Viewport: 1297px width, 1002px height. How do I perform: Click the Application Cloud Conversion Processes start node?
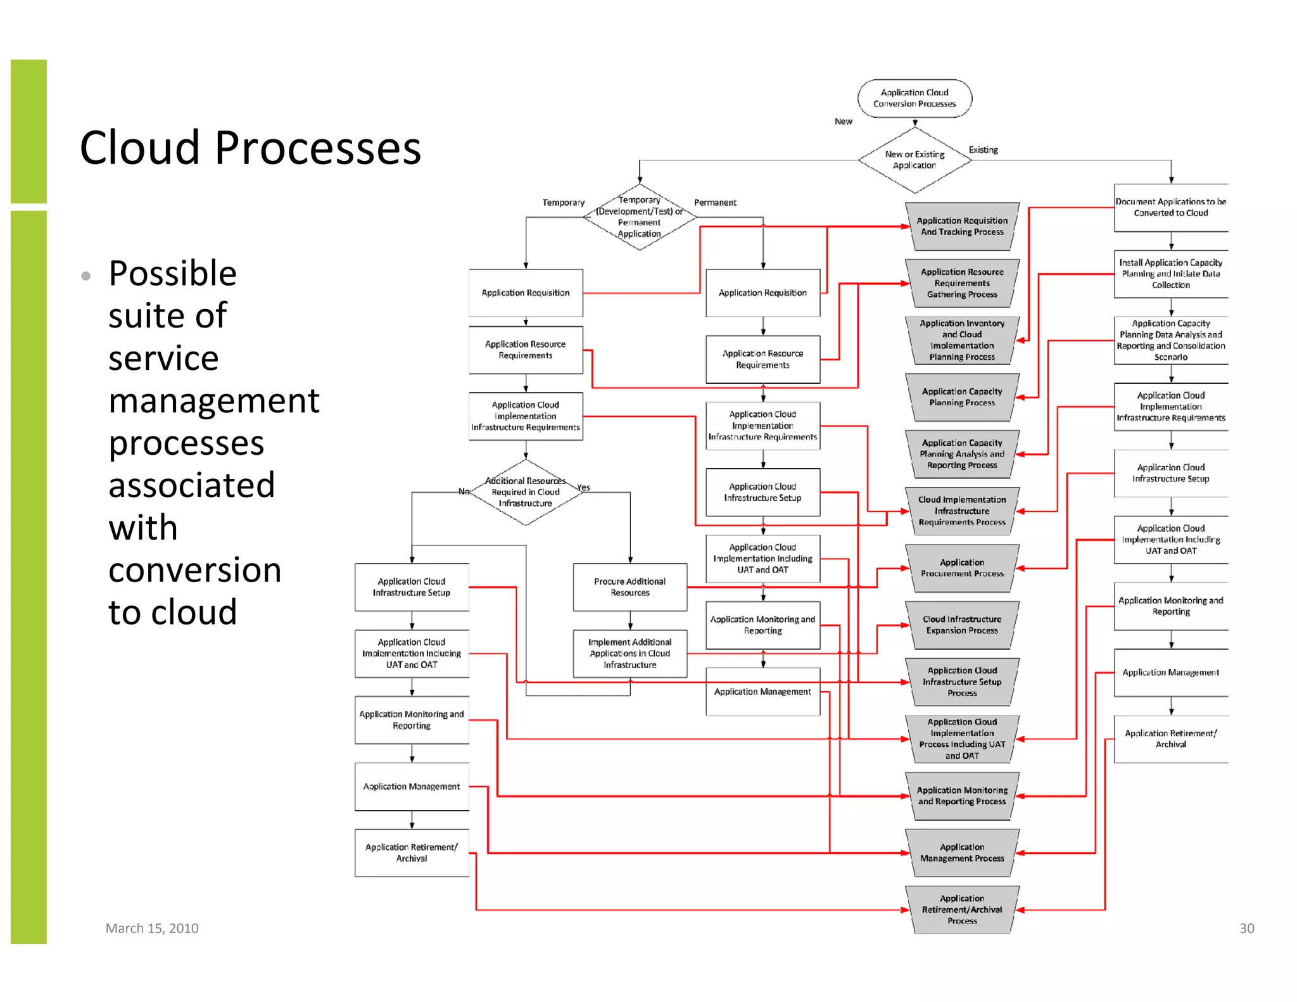pos(914,98)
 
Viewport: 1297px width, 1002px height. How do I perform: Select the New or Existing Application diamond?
pos(914,160)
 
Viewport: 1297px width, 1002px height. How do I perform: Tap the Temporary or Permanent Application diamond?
pos(639,217)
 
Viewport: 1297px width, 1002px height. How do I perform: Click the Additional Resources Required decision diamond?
pos(525,492)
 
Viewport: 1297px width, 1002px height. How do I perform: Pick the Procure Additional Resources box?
pos(630,587)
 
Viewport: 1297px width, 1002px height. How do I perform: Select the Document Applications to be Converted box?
pos(1170,208)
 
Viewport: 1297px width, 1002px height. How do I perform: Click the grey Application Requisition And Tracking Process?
pos(961,226)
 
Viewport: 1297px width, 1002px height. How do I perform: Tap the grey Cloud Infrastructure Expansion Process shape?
pos(961,625)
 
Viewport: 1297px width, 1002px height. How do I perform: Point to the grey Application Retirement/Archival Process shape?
pos(961,910)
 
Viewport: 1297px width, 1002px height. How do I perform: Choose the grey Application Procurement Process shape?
pos(961,568)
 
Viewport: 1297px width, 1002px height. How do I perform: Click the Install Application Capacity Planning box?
pos(1170,274)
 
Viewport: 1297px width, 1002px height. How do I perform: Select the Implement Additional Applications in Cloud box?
pos(630,654)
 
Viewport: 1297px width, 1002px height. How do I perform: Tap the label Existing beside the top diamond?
pos(983,150)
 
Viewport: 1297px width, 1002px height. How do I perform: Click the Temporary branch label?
pos(563,203)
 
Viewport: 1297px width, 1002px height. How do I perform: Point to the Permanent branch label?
pos(715,203)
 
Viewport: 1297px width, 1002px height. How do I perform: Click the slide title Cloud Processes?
pos(250,148)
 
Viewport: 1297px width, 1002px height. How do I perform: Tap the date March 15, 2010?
pos(152,928)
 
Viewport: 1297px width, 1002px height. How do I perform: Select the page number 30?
pos(1246,928)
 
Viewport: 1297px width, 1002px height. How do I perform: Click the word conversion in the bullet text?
pos(194,570)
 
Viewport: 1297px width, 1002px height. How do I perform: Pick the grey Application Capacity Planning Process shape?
pos(961,397)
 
